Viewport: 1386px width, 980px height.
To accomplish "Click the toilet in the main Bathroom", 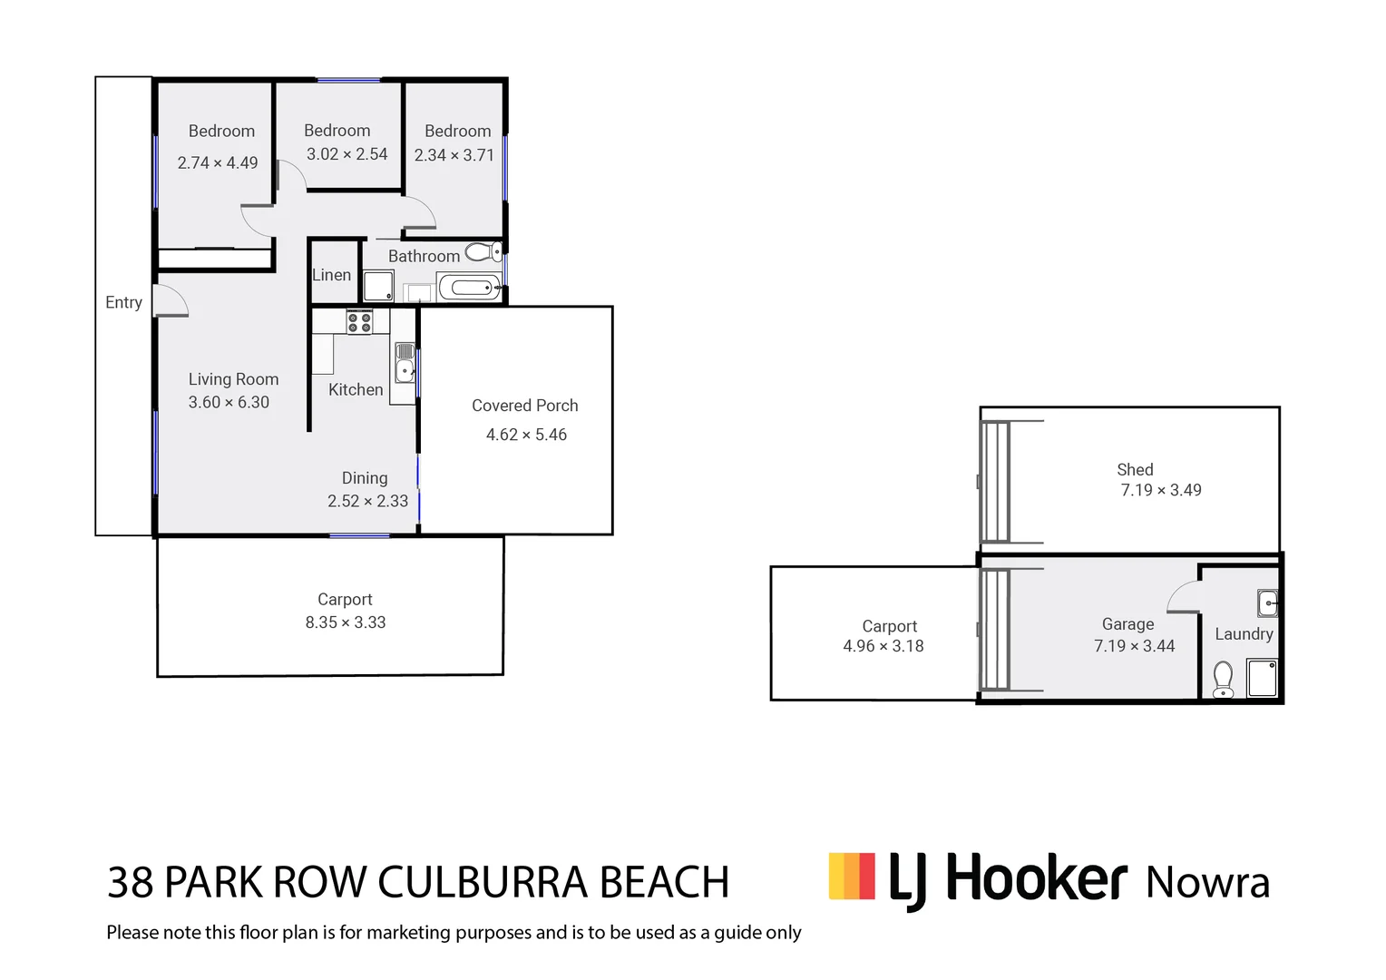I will (483, 251).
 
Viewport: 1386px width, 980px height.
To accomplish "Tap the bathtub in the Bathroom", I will (470, 289).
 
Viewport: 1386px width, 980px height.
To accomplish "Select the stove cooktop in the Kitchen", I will (360, 321).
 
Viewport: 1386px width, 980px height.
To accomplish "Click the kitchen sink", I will (405, 363).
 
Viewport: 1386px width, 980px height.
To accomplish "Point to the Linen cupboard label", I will (331, 275).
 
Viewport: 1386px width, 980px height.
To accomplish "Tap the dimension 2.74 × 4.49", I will (218, 163).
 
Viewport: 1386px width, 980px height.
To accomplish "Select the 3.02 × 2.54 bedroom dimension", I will (346, 154).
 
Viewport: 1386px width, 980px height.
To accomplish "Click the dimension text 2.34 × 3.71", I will (454, 155).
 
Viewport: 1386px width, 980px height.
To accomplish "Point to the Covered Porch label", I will (524, 406).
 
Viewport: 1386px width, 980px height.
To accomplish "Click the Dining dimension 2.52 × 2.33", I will (367, 501).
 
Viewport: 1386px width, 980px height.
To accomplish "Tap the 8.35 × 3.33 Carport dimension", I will (346, 622).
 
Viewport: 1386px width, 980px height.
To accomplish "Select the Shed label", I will (1135, 469).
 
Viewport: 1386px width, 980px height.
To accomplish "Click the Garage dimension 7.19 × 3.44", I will (1134, 646).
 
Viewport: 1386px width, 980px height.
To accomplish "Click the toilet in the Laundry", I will (1223, 680).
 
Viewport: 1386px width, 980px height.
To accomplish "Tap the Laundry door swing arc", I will (1181, 596).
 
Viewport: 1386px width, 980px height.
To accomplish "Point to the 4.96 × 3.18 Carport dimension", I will (883, 646).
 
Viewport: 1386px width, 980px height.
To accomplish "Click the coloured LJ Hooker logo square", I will (852, 876).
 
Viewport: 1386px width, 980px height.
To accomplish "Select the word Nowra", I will (1207, 883).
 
